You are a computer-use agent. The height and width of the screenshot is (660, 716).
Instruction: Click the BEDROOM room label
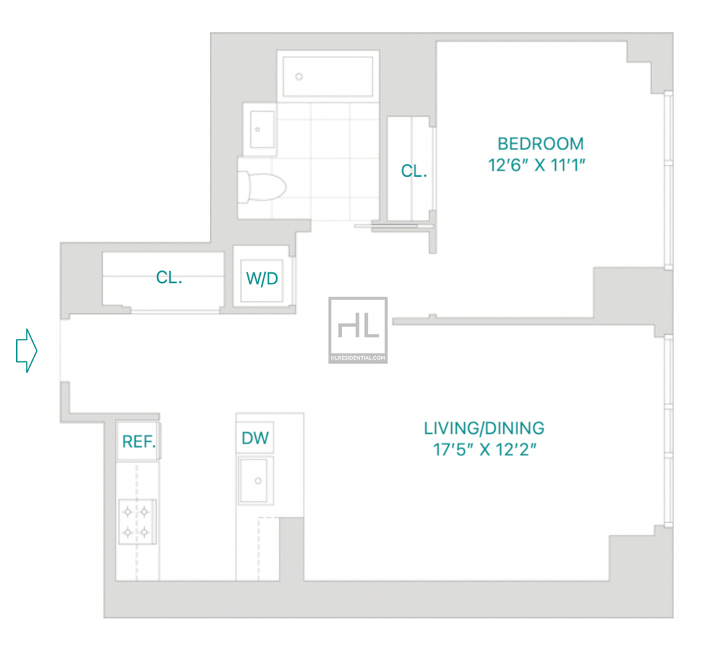point(540,144)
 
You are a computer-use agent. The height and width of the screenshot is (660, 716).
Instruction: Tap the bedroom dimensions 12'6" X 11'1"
point(536,165)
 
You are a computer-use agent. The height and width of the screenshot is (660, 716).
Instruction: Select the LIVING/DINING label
point(484,428)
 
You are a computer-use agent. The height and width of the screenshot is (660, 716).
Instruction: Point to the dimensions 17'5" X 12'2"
point(485,450)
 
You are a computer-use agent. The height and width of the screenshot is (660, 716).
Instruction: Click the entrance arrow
point(27,351)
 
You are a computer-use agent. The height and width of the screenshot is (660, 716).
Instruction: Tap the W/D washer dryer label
point(262,278)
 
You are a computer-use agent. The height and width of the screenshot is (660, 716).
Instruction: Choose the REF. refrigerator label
point(139,441)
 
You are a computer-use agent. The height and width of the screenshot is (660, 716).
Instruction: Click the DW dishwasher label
point(255,439)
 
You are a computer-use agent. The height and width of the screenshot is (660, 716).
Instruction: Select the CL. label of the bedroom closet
point(414,171)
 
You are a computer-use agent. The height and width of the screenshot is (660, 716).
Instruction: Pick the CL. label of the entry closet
point(169,277)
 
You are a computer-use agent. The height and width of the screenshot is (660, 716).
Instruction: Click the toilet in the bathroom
point(262,186)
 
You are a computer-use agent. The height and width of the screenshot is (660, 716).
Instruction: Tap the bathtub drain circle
point(299,77)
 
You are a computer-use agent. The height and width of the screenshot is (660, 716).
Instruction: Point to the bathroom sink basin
point(262,129)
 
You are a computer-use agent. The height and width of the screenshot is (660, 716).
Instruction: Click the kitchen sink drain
point(258,481)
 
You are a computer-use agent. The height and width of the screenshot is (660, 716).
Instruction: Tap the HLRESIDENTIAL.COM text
point(358,358)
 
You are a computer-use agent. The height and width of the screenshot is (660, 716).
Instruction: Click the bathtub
point(328,77)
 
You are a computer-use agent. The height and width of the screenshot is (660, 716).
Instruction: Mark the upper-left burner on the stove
point(128,512)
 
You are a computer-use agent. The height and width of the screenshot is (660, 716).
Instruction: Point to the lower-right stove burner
point(144,531)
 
